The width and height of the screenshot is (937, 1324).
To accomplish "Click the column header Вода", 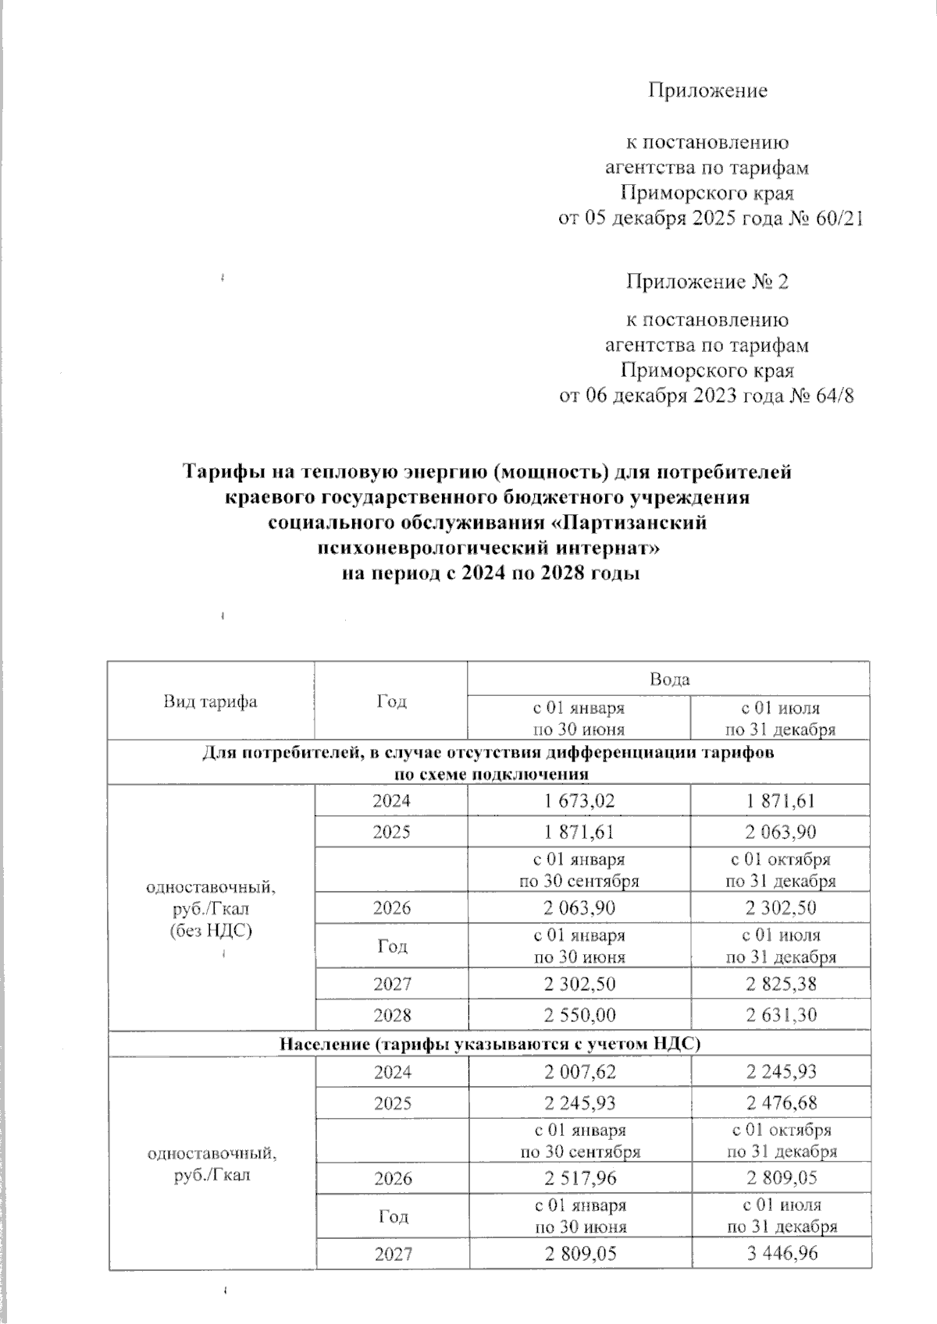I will (x=669, y=679).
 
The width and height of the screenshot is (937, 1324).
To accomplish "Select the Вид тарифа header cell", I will (x=210, y=701).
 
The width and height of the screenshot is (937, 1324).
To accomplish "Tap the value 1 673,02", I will (x=579, y=801).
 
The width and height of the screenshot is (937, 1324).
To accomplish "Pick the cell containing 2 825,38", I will (x=780, y=984).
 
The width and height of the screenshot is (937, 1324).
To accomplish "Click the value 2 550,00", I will (x=579, y=1015).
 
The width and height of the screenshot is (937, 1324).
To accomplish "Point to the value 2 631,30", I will (x=780, y=1015).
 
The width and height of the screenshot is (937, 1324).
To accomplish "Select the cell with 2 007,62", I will (x=579, y=1072).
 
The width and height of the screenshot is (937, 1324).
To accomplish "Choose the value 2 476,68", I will (x=780, y=1103).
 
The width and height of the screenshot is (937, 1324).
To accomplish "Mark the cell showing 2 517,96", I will (x=579, y=1177).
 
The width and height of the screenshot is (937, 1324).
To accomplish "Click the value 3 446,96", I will (x=780, y=1254).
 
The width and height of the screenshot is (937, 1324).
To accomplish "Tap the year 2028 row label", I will (x=391, y=1015).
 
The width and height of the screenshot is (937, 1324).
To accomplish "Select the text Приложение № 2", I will (x=707, y=281).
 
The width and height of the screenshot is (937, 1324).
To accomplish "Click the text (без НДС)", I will (x=210, y=930).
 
